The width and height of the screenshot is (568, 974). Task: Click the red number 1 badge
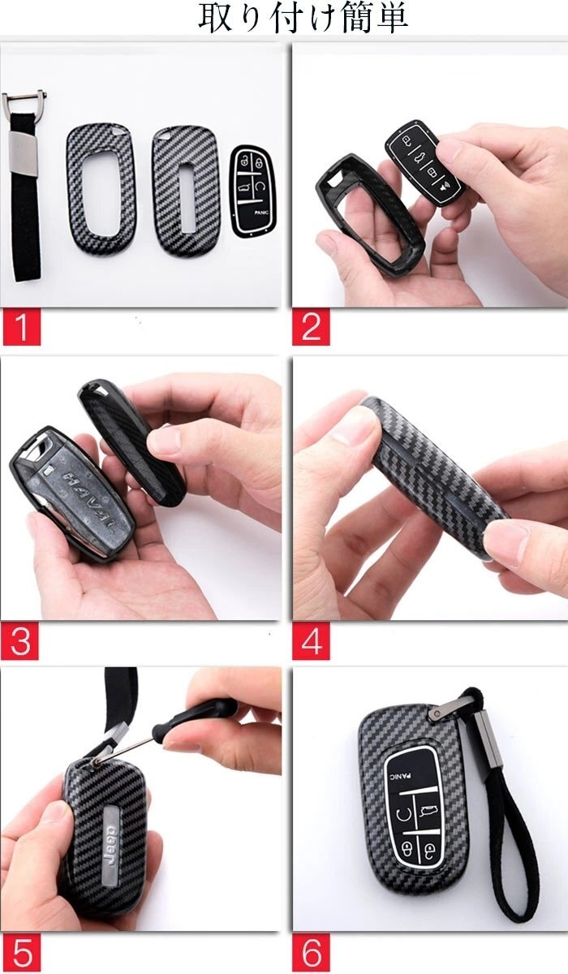22,327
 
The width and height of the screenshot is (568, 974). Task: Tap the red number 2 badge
311,327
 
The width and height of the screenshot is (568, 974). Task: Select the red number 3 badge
19,640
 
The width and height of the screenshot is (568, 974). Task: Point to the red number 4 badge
311,640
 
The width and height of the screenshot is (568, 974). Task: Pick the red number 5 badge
20,954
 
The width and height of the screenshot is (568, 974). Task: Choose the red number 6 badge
311,954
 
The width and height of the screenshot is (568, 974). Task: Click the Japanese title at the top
303,19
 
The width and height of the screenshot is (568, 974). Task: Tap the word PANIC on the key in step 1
261,212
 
